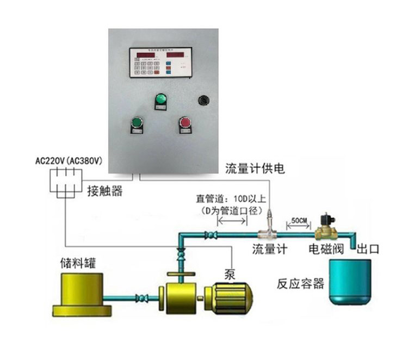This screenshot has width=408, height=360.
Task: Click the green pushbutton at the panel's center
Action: click(160, 100)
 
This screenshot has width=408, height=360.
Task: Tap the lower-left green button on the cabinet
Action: click(135, 123)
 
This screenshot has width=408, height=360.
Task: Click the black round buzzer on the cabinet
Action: click(203, 100)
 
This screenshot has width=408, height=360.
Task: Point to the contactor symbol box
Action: click(66, 181)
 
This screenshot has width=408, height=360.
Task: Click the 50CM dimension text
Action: click(299, 220)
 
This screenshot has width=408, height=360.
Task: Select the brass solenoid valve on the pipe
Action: click(327, 227)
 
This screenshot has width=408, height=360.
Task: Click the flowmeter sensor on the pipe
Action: click(269, 231)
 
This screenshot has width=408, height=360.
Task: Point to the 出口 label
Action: click(367, 250)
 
